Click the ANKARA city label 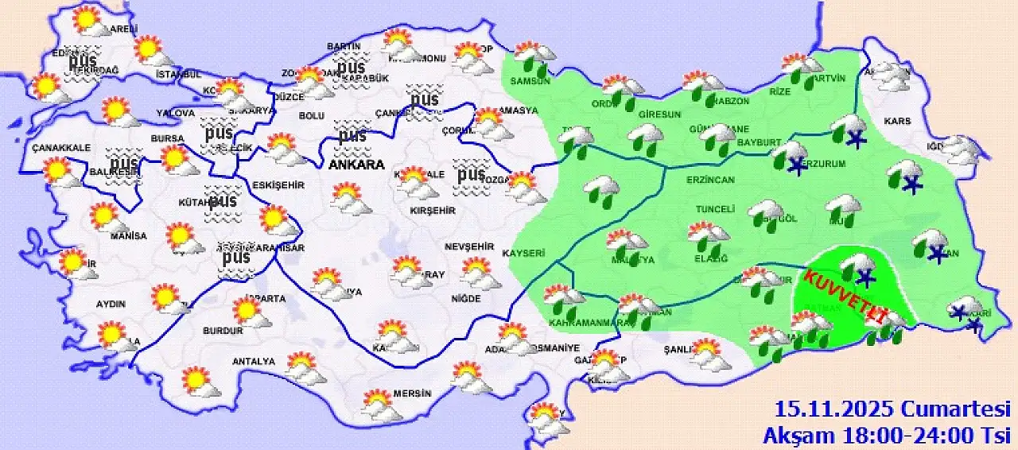click(356, 165)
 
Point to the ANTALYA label click(253, 362)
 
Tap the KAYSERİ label click(523, 254)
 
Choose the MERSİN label click(411, 394)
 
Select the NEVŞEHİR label click(464, 246)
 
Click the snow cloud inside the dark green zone click(859, 268)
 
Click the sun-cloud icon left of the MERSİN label click(379, 403)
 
